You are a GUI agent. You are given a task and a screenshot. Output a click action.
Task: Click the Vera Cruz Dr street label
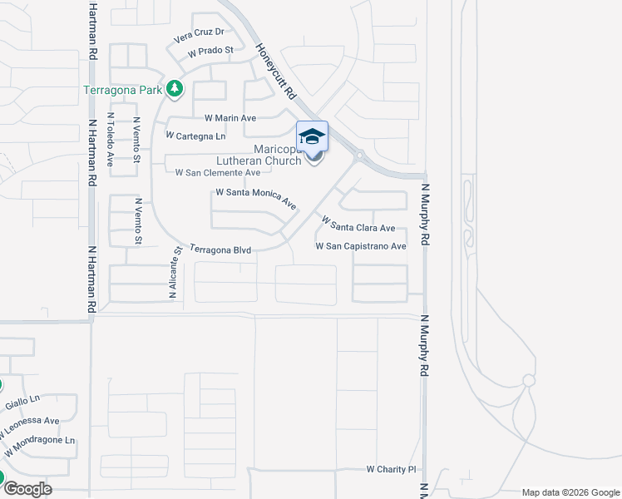(200, 34)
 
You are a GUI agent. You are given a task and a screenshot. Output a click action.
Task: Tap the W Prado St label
(210, 52)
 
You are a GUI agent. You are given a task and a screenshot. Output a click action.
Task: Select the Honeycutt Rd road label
(276, 72)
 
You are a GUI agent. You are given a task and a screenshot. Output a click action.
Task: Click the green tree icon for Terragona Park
(174, 87)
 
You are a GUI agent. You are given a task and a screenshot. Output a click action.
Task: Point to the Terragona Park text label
(122, 89)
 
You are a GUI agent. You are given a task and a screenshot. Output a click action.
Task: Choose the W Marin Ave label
(225, 118)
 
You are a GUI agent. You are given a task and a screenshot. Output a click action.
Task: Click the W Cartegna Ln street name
(195, 136)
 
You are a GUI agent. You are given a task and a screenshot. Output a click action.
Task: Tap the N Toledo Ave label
(110, 141)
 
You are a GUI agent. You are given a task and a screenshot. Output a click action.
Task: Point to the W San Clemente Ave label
(218, 172)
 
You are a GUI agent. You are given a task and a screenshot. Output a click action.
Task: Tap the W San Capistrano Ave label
(361, 246)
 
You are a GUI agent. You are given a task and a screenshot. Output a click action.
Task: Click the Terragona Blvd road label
(220, 249)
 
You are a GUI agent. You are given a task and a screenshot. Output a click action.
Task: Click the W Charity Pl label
(391, 470)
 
